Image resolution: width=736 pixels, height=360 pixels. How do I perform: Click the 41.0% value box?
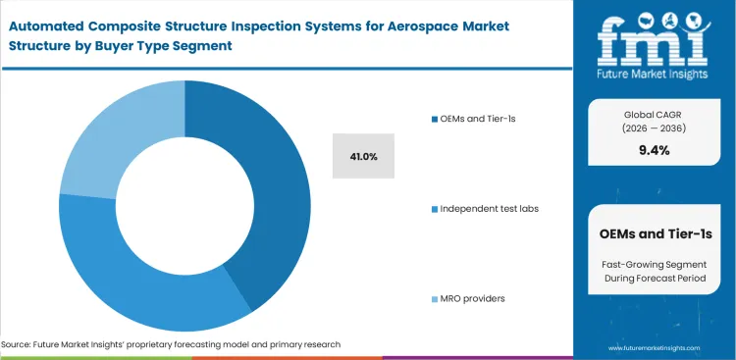363,156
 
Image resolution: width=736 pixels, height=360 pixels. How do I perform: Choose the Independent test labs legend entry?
489,209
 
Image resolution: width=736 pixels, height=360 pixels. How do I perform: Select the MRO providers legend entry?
473,298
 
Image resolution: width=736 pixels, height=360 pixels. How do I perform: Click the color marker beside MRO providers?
434,298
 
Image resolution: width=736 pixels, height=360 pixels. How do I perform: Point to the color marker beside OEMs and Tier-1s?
434,119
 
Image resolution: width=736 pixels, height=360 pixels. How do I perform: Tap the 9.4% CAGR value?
654,150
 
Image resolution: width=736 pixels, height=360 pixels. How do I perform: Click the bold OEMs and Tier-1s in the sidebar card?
655,233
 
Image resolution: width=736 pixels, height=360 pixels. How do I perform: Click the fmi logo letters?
655,37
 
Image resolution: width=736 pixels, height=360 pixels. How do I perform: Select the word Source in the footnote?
19,344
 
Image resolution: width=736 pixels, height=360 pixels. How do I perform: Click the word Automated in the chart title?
46,18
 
